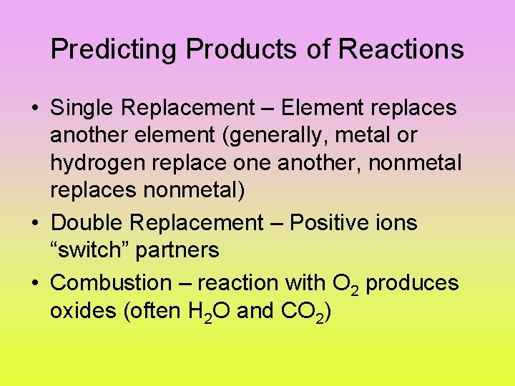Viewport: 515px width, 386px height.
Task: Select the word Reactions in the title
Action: (401, 50)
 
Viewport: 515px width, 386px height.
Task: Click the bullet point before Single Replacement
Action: (34, 109)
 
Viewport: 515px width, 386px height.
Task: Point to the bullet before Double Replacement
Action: (34, 224)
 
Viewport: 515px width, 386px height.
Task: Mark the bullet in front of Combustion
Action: (34, 283)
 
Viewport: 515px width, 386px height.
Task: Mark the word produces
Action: (412, 284)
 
